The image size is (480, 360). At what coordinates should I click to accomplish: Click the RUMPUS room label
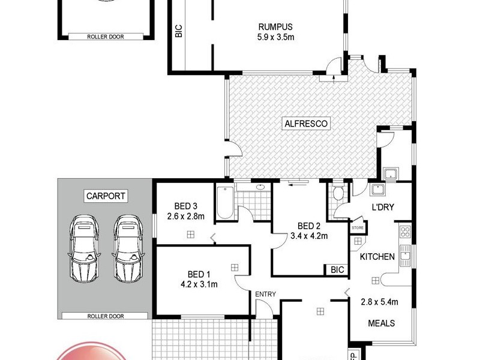275,26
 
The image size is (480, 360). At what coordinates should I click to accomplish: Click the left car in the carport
83,248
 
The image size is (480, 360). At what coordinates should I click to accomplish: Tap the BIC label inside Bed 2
337,271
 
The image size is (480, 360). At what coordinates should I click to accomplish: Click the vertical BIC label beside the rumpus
178,31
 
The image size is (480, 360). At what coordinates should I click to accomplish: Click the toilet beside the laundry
338,193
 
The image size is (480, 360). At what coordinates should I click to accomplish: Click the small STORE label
358,228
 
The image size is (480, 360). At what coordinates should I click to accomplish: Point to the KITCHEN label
377,257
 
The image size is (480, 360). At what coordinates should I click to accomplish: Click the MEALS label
381,323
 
